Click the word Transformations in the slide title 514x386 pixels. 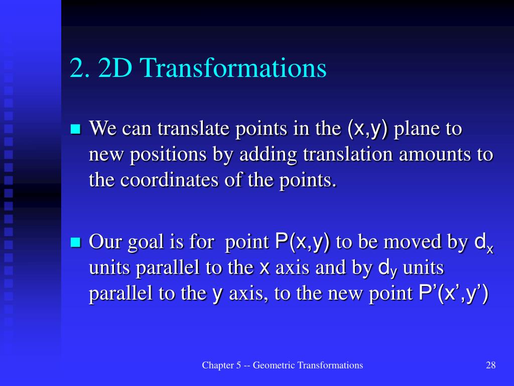pyautogui.click(x=234, y=69)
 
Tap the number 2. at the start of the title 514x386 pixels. pyautogui.click(x=81, y=69)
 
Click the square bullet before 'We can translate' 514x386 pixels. pyautogui.click(x=76, y=130)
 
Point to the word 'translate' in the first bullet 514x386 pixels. pyautogui.click(x=189, y=129)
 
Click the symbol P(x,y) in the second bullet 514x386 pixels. pyautogui.click(x=303, y=242)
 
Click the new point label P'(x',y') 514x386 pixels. pyautogui.click(x=453, y=293)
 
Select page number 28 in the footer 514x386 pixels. pyautogui.click(x=491, y=365)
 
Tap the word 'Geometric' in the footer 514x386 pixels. pyautogui.click(x=274, y=365)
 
